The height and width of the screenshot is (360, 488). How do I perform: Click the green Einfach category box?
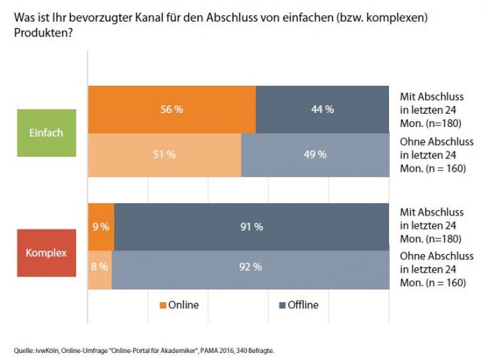point(46,132)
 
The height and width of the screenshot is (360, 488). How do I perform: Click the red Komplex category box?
point(46,253)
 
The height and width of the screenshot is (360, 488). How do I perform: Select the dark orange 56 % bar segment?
point(171,109)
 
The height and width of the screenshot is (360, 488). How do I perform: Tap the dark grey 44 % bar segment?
point(321,109)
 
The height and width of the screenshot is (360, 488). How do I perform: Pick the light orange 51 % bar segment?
point(164,154)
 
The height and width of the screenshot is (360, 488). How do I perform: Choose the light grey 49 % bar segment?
point(314,154)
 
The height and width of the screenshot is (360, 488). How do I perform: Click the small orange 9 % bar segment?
point(101,226)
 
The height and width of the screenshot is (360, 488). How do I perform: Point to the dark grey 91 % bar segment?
point(251,226)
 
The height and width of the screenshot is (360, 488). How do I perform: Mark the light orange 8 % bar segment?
point(99,267)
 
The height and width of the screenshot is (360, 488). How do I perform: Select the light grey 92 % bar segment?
point(250,267)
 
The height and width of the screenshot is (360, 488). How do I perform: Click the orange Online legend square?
point(163,305)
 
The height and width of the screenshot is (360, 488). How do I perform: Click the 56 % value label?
point(171,109)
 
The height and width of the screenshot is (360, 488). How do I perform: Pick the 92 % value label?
point(250,267)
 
